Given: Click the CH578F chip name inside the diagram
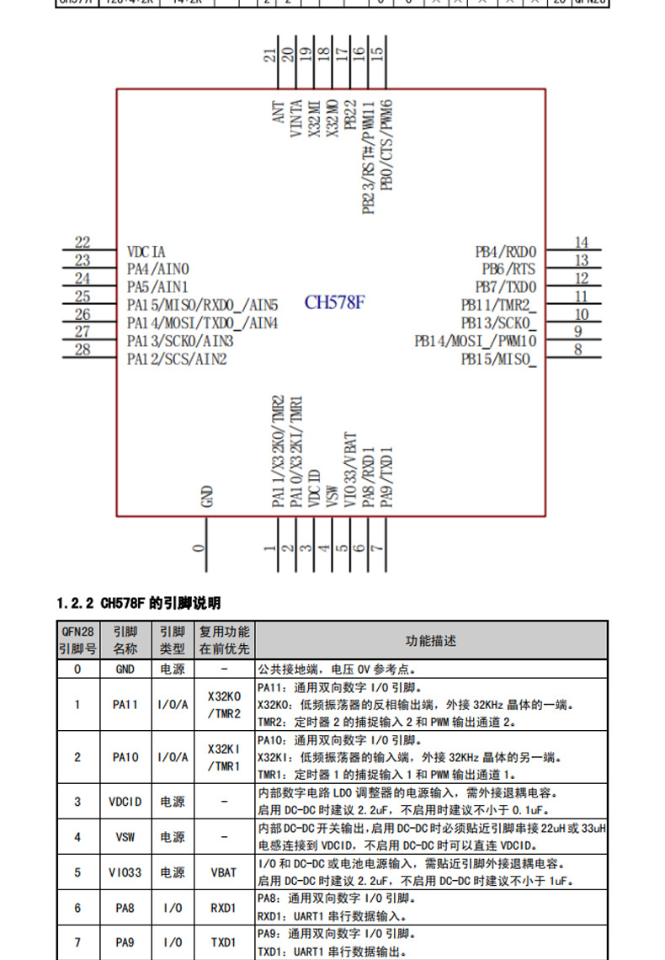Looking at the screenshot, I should [x=334, y=302].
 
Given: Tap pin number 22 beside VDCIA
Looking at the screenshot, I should [x=82, y=243].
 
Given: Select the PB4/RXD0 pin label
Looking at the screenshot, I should [x=505, y=252].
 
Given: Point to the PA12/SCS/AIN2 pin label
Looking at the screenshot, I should [x=177, y=360].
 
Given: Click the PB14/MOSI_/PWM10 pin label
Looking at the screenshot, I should [x=475, y=341].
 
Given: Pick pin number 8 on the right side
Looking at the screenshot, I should [x=578, y=349].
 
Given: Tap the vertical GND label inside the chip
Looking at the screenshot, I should [x=206, y=496].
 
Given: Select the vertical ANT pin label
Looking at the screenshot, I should [x=279, y=113].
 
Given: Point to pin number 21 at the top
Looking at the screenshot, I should [x=269, y=56].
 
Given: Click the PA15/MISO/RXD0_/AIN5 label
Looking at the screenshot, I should [x=202, y=305].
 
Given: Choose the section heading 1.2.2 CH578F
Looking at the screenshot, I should [x=138, y=603].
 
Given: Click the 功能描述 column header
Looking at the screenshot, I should [x=430, y=641].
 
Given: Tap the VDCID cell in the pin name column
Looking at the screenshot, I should [x=125, y=802].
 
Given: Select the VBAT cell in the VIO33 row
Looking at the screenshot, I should [x=224, y=872].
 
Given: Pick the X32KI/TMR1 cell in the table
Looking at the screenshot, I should [x=224, y=757].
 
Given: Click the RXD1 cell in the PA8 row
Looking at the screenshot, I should [x=224, y=908].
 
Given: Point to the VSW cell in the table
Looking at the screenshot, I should [x=125, y=837].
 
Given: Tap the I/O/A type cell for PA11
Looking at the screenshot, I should [x=173, y=705].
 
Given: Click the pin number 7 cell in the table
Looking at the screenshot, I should [x=77, y=942].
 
